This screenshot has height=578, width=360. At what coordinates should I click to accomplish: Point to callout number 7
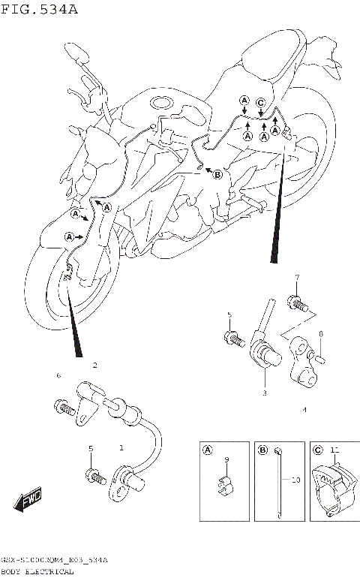(296, 278)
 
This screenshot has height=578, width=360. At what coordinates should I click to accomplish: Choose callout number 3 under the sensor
(264, 393)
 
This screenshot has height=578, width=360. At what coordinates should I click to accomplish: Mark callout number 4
(304, 411)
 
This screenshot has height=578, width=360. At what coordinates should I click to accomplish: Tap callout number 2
(94, 366)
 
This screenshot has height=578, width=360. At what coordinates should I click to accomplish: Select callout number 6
(58, 374)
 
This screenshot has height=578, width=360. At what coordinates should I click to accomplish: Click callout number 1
(121, 448)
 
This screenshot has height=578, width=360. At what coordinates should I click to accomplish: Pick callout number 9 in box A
(226, 459)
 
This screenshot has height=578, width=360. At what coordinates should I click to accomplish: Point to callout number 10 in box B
(295, 479)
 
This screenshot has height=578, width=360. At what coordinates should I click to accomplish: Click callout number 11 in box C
(334, 450)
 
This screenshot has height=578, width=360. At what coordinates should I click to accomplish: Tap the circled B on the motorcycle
(217, 175)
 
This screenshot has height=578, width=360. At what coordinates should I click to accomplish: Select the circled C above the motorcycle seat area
(260, 102)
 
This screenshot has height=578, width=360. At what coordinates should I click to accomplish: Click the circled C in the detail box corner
(316, 450)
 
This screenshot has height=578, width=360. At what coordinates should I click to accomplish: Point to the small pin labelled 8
(318, 356)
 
